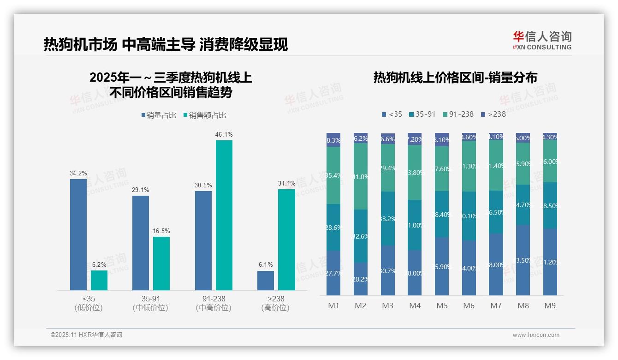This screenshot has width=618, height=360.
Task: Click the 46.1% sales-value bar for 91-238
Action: point(224,215)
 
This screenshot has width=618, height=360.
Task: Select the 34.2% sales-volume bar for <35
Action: point(78,234)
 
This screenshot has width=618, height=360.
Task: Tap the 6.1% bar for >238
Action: point(266,281)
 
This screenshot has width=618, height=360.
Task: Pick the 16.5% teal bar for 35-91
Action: point(161,264)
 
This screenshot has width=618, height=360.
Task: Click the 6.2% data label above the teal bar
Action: point(99,264)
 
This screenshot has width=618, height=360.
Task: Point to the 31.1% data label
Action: point(286,183)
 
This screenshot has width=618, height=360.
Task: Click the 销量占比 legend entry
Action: point(159,115)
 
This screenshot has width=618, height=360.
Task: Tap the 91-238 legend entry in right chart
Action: point(458,114)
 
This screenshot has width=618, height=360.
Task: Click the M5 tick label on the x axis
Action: point(442,306)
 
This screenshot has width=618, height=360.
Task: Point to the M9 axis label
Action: point(550,306)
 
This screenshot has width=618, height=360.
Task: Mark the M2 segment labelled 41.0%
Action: point(361,176)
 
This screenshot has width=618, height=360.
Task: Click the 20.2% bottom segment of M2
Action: point(361,279)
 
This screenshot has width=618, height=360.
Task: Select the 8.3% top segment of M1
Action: point(333,140)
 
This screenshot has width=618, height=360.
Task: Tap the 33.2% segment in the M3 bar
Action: point(388,218)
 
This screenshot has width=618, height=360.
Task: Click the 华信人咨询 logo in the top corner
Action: point(542,40)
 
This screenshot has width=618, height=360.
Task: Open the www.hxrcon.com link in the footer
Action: point(535,335)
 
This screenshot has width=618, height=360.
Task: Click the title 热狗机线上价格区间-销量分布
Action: point(455,78)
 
